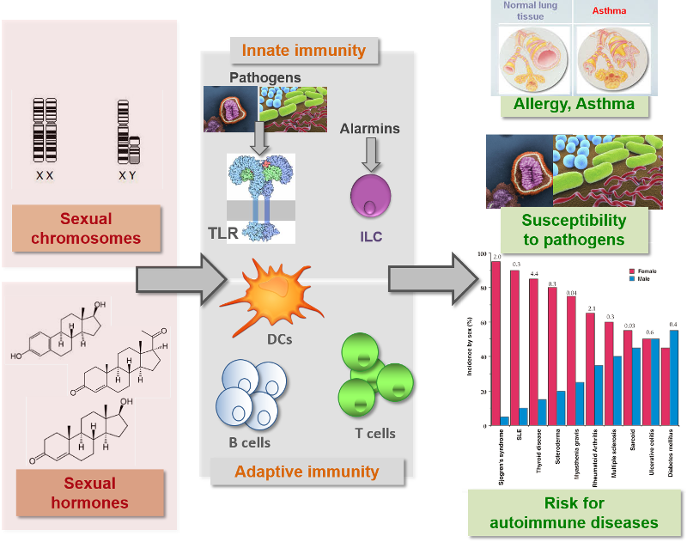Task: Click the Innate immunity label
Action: [303, 51]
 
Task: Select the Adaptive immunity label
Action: [307, 472]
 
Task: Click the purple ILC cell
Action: [371, 195]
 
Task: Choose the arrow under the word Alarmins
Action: [371, 154]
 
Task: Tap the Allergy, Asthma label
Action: [574, 105]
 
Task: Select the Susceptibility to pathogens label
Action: [574, 229]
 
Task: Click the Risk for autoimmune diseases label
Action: [574, 512]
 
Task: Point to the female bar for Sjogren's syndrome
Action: [495, 344]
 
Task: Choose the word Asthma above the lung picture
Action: [608, 11]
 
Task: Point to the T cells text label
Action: [375, 434]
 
